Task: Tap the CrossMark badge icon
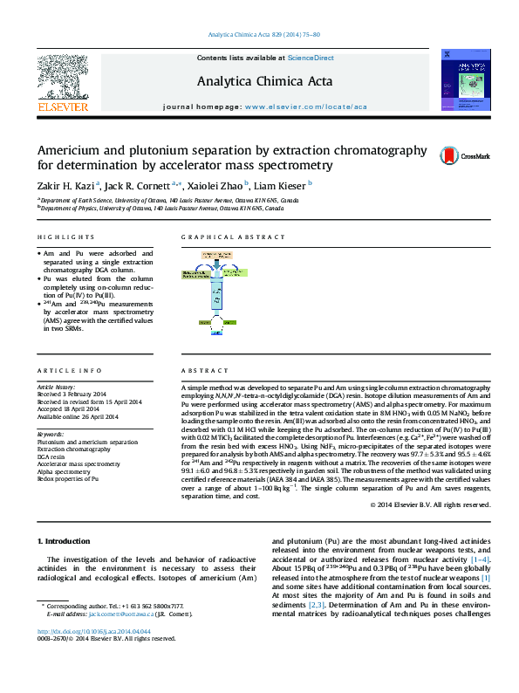pyautogui.click(x=465, y=155)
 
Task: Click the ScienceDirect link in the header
pyautogui.click(x=311, y=58)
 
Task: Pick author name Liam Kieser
pyautogui.click(x=283, y=185)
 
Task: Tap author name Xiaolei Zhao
pyautogui.click(x=218, y=185)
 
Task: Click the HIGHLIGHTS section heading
pyautogui.click(x=65, y=237)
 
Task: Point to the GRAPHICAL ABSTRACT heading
pyautogui.click(x=233, y=237)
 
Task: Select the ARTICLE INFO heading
pyautogui.click(x=69, y=370)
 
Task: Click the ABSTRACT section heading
pyautogui.click(x=201, y=370)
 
